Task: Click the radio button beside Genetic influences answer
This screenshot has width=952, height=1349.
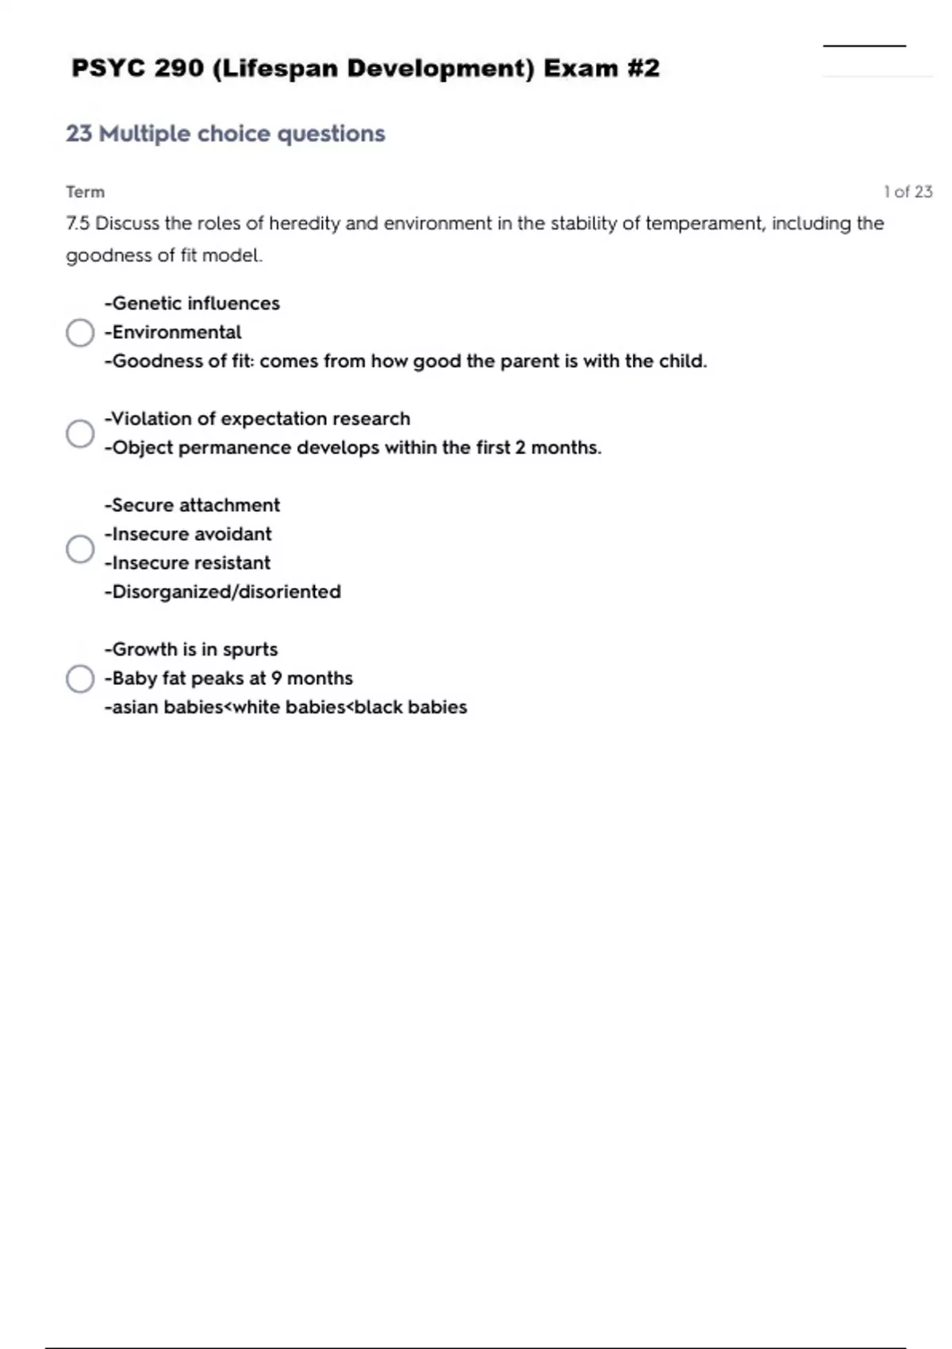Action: click(x=80, y=332)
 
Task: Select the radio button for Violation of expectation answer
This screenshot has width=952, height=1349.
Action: click(x=80, y=433)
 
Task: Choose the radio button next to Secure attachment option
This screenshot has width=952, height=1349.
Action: click(x=80, y=548)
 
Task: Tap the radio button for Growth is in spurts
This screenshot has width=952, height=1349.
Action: click(x=80, y=678)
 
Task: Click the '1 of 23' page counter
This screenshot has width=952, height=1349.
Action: click(x=908, y=192)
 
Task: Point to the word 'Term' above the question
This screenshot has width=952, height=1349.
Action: click(x=85, y=192)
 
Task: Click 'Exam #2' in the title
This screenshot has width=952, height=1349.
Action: click(x=601, y=68)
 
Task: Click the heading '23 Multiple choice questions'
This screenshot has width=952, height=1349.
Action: click(x=225, y=133)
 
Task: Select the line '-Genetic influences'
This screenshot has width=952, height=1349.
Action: click(x=192, y=303)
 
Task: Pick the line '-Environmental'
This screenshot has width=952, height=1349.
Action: click(x=173, y=332)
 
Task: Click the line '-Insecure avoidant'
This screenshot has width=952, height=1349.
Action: click(x=188, y=534)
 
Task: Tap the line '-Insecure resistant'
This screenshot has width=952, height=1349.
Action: click(x=187, y=563)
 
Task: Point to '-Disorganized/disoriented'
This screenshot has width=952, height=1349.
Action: click(x=223, y=592)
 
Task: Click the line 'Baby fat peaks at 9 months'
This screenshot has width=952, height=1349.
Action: click(x=228, y=678)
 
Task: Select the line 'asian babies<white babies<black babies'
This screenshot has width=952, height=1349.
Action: click(x=286, y=707)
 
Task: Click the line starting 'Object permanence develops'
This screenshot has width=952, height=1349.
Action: click(x=353, y=448)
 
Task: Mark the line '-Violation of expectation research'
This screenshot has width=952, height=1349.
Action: click(x=258, y=419)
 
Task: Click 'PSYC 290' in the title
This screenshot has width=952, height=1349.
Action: click(x=137, y=68)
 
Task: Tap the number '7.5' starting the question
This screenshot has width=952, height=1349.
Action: click(x=78, y=224)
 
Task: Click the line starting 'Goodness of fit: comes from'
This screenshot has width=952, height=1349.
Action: click(x=405, y=361)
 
